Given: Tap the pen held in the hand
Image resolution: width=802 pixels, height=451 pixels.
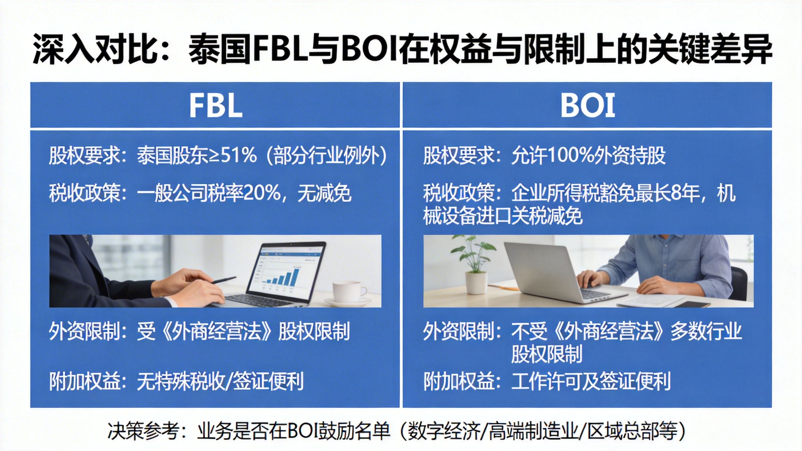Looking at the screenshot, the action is click(223, 280).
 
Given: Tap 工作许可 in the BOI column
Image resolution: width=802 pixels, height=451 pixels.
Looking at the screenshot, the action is click(546, 381).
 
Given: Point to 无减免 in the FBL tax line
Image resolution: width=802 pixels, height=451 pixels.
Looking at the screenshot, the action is click(325, 193).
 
